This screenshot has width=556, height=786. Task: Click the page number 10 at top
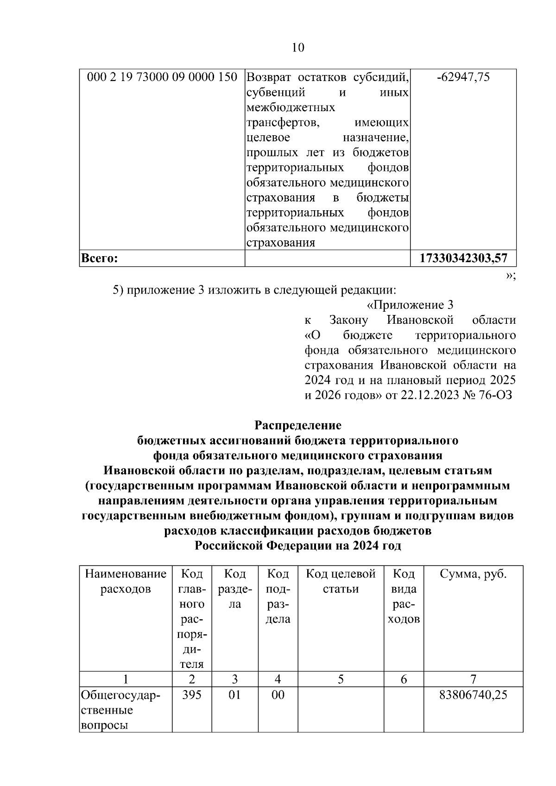click(x=298, y=48)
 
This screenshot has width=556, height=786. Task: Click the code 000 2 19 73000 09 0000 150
click(x=162, y=77)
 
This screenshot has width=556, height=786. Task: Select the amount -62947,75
click(x=463, y=77)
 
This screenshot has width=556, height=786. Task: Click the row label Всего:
click(x=99, y=258)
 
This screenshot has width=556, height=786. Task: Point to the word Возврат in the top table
click(x=269, y=77)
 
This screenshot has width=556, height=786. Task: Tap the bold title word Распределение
click(x=298, y=425)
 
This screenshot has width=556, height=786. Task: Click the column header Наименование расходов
click(x=126, y=582)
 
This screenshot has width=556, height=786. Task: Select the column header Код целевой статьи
click(x=341, y=582)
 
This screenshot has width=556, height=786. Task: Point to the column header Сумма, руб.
click(x=473, y=574)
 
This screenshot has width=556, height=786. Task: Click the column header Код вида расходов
click(x=404, y=597)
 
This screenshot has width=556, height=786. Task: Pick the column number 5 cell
click(x=341, y=679)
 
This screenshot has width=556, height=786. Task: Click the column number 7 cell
click(x=473, y=679)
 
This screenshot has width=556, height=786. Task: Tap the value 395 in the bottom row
click(x=192, y=695)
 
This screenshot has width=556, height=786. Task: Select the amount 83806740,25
click(x=473, y=695)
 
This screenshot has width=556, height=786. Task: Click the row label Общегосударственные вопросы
click(x=120, y=710)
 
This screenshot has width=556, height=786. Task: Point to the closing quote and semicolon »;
click(x=511, y=276)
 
